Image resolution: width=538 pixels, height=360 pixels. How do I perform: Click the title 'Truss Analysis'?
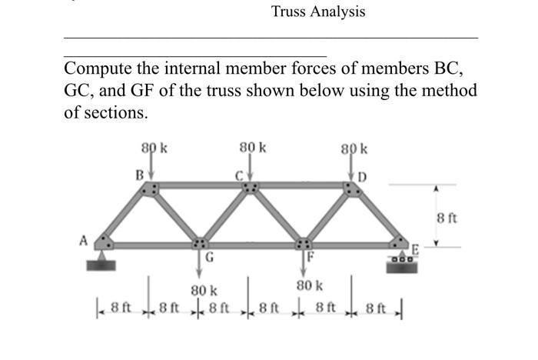(317, 12)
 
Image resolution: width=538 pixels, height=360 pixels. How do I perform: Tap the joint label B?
(139, 175)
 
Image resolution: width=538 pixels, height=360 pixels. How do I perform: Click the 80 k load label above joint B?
(151, 145)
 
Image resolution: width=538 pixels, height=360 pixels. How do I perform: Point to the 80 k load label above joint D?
(355, 147)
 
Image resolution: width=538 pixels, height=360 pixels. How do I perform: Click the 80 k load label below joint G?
(203, 291)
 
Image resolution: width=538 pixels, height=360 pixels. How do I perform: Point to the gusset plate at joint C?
(251, 187)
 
